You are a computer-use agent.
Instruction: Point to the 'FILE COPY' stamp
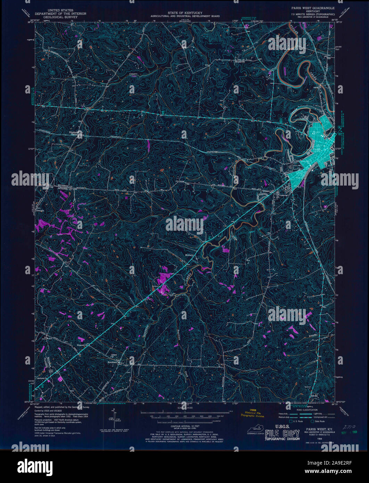point(282,434)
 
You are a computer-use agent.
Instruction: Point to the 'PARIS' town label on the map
point(317,149)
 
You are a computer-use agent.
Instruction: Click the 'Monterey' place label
point(189,255)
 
